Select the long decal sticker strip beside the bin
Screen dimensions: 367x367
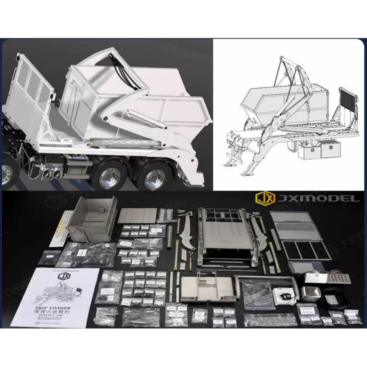61,228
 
